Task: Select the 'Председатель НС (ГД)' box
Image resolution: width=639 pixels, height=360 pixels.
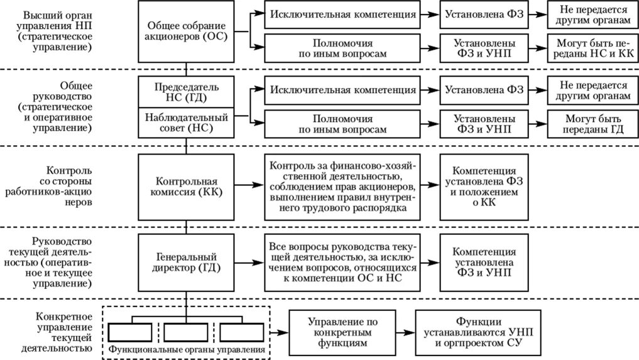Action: tap(187, 92)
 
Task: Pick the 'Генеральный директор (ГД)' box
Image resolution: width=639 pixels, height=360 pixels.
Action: tap(187, 262)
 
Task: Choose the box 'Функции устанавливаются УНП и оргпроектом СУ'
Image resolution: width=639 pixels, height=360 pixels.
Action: tap(483, 332)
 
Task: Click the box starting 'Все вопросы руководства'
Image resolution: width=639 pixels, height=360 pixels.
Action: tap(342, 262)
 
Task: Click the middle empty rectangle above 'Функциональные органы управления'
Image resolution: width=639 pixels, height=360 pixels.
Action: tap(187, 331)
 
